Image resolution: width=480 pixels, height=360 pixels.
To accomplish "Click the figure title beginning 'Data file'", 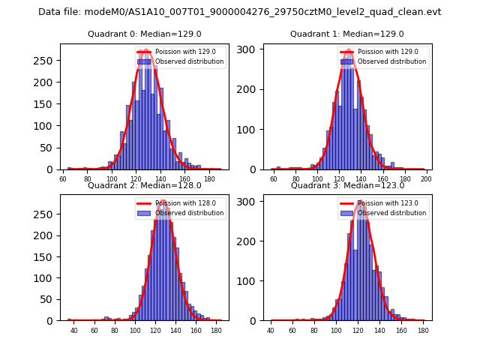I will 240,12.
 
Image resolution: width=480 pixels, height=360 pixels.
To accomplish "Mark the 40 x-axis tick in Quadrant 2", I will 73,330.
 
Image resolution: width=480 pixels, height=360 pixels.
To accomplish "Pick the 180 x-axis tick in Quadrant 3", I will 422,330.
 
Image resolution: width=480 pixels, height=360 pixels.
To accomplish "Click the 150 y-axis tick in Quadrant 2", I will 49,256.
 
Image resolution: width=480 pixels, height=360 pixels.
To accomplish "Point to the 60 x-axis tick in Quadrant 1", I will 274,179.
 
